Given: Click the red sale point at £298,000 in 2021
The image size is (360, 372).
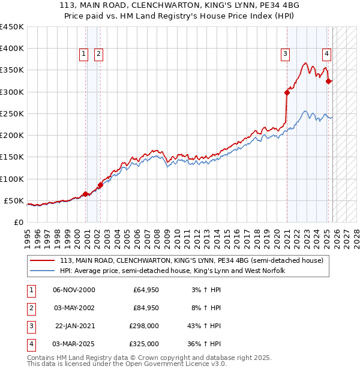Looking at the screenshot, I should (x=287, y=92).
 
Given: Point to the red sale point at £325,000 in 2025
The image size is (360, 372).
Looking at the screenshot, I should (x=328, y=81).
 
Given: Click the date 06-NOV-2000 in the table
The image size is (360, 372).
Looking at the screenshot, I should (x=74, y=290).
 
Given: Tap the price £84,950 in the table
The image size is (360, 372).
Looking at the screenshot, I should (x=146, y=308).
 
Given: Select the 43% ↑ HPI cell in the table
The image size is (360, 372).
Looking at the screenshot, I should (x=205, y=326).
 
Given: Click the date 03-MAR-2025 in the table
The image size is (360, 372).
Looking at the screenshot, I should (x=74, y=344).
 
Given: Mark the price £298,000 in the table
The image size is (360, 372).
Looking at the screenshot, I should (x=144, y=326).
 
